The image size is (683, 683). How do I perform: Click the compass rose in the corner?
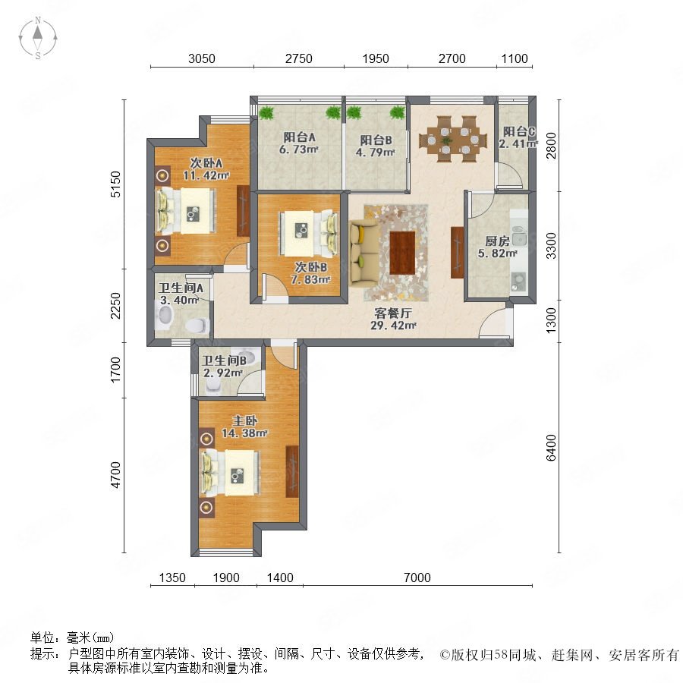(x=38, y=38)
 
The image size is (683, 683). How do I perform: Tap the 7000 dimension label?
(x=417, y=578)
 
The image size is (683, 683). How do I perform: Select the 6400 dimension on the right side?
(x=551, y=447)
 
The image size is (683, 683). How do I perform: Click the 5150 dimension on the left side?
(x=115, y=184)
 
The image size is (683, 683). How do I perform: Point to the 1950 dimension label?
(x=376, y=58)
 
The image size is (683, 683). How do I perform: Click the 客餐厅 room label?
(x=393, y=313)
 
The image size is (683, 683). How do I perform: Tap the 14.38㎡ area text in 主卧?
(x=244, y=433)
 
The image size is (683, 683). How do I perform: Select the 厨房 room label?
(x=497, y=241)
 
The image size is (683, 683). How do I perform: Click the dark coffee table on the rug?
(x=402, y=253)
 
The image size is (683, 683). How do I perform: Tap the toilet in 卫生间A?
(x=197, y=326)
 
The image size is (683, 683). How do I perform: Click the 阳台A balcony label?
(x=299, y=137)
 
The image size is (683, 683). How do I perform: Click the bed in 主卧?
(x=230, y=473)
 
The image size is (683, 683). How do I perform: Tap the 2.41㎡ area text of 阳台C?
(x=518, y=143)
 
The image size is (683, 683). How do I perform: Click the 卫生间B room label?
(x=225, y=360)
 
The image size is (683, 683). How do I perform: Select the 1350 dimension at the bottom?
(x=172, y=578)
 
